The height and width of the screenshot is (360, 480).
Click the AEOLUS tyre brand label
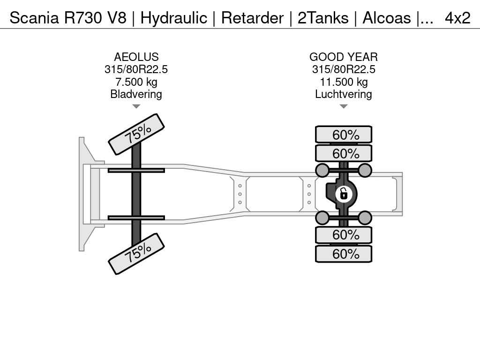[x=136, y=57]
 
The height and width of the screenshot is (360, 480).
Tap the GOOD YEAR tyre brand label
[x=344, y=57]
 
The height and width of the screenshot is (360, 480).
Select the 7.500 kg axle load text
[x=136, y=82]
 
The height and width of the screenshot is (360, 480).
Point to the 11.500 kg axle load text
[x=344, y=82]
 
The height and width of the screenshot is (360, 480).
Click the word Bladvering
[x=136, y=94]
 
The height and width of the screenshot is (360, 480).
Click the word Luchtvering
[x=344, y=94]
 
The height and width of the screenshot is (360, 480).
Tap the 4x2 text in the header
[x=457, y=18]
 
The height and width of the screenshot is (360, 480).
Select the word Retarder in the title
[x=252, y=18]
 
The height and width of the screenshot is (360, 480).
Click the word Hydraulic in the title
[x=173, y=18]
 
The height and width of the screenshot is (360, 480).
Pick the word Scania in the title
[x=34, y=18]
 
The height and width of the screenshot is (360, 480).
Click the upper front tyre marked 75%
[x=136, y=134]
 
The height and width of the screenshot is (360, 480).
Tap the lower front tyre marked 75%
[x=136, y=254]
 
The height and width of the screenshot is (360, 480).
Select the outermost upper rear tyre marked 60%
[x=344, y=135]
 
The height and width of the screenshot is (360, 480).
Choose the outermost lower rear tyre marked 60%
[x=344, y=254]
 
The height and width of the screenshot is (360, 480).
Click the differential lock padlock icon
[x=344, y=194]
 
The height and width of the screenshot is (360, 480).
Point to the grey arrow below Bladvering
[x=136, y=106]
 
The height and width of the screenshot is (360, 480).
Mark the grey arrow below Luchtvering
[x=344, y=106]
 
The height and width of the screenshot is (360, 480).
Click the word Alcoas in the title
[x=387, y=18]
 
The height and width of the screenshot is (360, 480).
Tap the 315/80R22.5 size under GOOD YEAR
[x=344, y=69]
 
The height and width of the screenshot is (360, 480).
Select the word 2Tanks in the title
[x=323, y=18]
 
